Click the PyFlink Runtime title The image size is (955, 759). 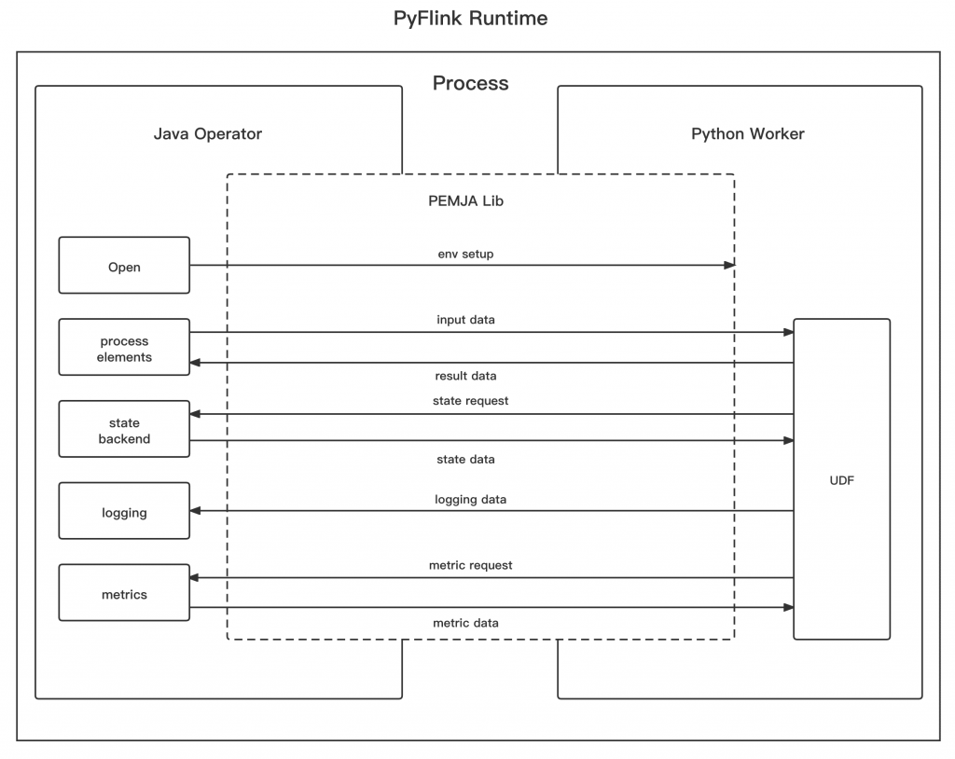point(470,19)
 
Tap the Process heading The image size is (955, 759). point(470,83)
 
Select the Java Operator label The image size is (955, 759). point(207,133)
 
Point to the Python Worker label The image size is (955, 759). point(747,133)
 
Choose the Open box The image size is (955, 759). point(124,266)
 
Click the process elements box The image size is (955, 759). point(124,348)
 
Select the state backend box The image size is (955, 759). point(124,430)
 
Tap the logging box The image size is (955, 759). point(124,511)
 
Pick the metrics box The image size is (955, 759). point(124,593)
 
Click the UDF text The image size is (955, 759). point(840,480)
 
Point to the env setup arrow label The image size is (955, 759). point(465,254)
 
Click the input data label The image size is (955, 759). point(465,320)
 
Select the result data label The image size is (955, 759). point(465,376)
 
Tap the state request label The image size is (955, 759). point(470,401)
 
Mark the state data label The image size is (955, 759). point(465,459)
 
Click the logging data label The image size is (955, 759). point(470,499)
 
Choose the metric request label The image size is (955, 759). point(470,565)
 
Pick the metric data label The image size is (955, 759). point(465,622)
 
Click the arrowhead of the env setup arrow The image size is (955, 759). point(730,266)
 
